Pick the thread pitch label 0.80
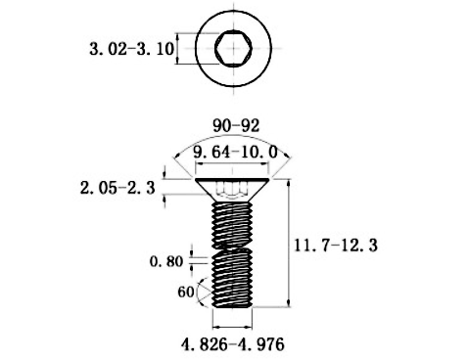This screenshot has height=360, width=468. click(x=166, y=261)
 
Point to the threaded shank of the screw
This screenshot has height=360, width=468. click(x=232, y=254)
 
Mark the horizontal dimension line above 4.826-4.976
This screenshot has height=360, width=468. click(x=232, y=327)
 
